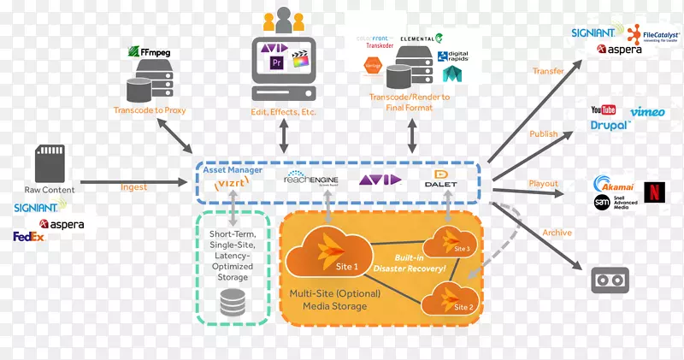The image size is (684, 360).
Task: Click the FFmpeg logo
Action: pyautogui.click(x=150, y=52)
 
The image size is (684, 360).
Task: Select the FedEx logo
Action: pyautogui.click(x=28, y=236)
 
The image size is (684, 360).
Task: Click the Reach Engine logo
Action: pyautogui.click(x=307, y=180)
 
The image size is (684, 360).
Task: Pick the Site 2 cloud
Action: pyautogui.click(x=448, y=299)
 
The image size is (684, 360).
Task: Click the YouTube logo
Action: pyautogui.click(x=603, y=110)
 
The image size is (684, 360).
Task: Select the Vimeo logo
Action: pyautogui.click(x=647, y=112)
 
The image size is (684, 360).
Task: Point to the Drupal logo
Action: pyautogui.click(x=610, y=126)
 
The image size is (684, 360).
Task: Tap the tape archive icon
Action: pyautogui.click(x=610, y=279)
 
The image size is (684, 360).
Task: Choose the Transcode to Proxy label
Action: pyautogui.click(x=150, y=110)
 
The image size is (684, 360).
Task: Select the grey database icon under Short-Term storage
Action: pyautogui.click(x=233, y=303)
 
